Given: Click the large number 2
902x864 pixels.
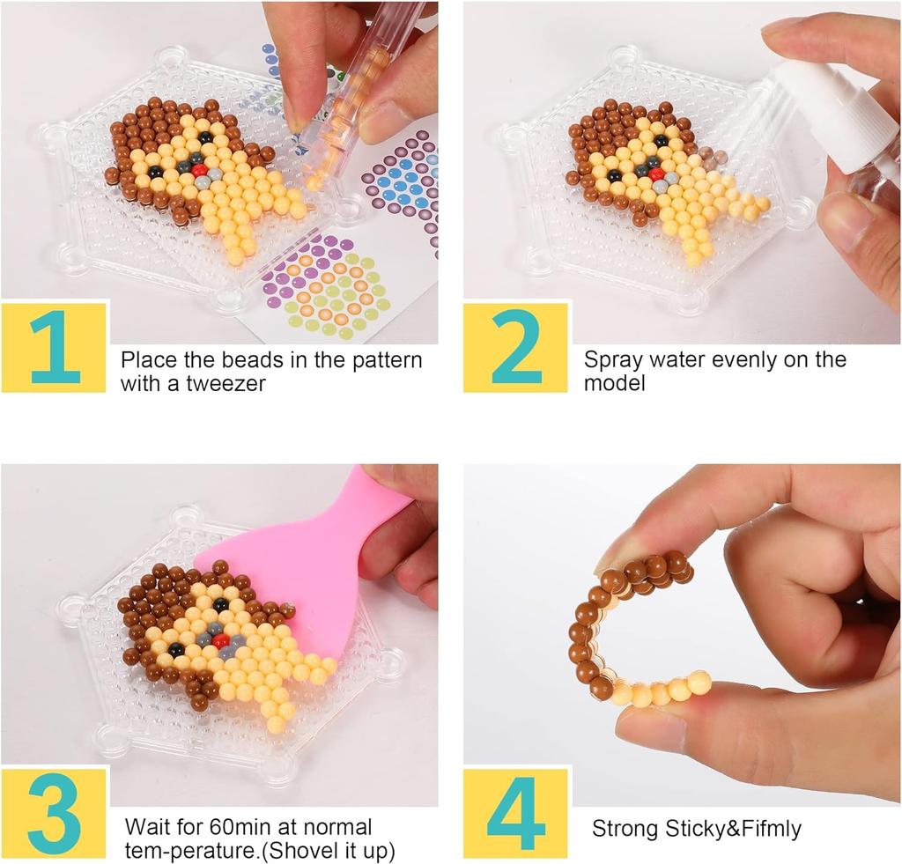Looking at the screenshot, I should (515, 347).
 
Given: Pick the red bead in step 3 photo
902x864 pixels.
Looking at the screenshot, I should (221, 639).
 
